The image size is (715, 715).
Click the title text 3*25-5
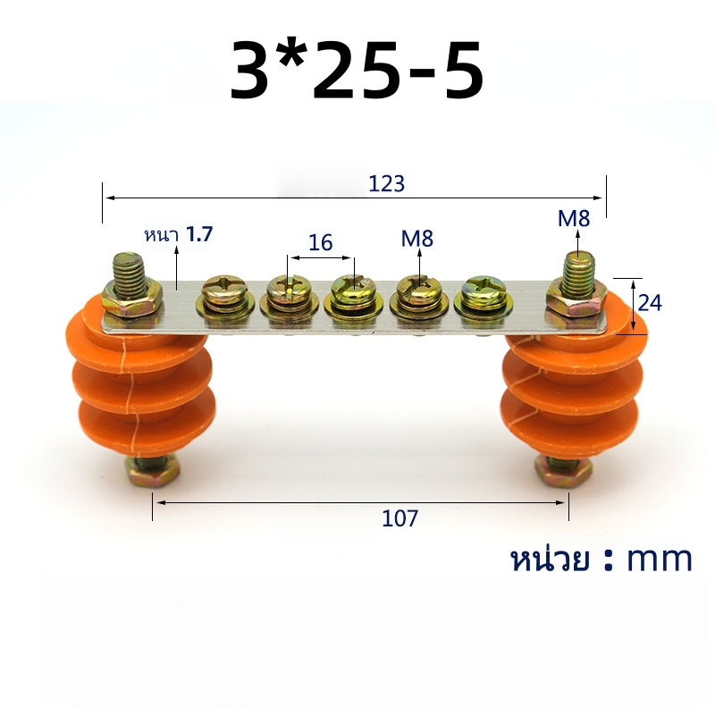point(356,70)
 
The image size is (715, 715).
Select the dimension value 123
point(386,184)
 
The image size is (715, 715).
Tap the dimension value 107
point(400,518)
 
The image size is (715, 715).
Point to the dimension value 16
point(321,242)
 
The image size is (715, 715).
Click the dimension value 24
point(650,303)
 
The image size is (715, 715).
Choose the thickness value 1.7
point(199,234)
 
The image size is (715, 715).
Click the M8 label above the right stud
point(574,219)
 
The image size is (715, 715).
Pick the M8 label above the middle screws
point(416,239)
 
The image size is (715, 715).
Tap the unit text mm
point(660,559)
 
